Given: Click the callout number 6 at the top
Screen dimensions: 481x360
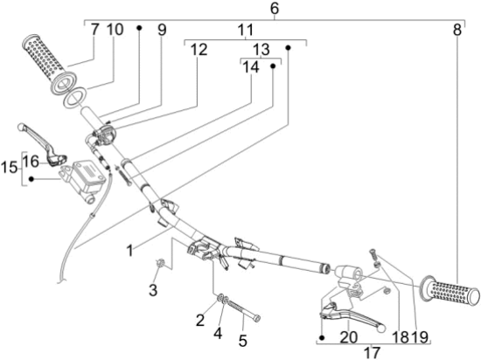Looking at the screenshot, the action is click(x=275, y=9).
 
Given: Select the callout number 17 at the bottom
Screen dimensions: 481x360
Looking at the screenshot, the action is click(x=373, y=352).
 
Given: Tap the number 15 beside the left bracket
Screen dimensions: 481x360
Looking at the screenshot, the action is click(x=10, y=168).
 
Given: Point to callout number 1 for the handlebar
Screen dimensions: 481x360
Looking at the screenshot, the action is click(x=130, y=251).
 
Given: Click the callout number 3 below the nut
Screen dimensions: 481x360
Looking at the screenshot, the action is click(x=153, y=290).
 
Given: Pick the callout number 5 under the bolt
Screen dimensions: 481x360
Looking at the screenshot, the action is click(x=242, y=341).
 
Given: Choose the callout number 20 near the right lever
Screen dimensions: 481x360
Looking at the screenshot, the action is click(x=349, y=337).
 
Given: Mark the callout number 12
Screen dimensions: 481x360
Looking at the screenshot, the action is click(x=199, y=50).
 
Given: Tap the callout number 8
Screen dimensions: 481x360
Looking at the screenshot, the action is click(x=457, y=30).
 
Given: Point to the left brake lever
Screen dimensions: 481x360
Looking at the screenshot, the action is click(x=43, y=143).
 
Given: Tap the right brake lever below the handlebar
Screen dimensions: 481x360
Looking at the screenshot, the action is click(x=352, y=315).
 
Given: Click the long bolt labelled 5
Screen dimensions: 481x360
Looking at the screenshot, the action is click(x=244, y=309).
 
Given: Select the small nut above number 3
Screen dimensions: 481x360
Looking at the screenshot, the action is click(x=160, y=262).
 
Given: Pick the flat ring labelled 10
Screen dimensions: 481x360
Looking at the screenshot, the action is click(x=74, y=98).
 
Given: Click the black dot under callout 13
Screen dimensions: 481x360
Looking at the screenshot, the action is click(x=273, y=66).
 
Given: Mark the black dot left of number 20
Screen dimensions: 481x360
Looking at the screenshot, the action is click(x=322, y=338).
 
